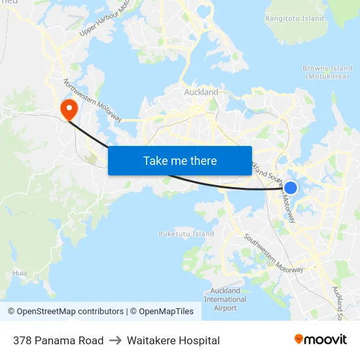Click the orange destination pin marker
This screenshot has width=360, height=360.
[x=67, y=107]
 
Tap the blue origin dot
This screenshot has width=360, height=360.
[x=291, y=188]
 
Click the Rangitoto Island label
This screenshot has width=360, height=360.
[x=295, y=19]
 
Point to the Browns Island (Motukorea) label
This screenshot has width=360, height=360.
[x=327, y=72]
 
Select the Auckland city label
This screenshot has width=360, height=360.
[x=201, y=92]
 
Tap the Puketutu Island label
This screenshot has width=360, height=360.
[x=186, y=234]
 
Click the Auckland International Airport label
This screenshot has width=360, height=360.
[x=225, y=299]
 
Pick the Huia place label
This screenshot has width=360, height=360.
[x=20, y=273]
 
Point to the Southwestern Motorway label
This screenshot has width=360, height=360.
[x=274, y=254]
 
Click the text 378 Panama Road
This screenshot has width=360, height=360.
[x=58, y=340]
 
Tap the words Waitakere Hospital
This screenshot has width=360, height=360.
[x=173, y=340]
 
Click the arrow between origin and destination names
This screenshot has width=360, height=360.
[x=115, y=340]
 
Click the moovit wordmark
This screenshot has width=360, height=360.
[x=325, y=340]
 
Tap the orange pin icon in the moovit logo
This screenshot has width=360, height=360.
[x=299, y=339]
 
